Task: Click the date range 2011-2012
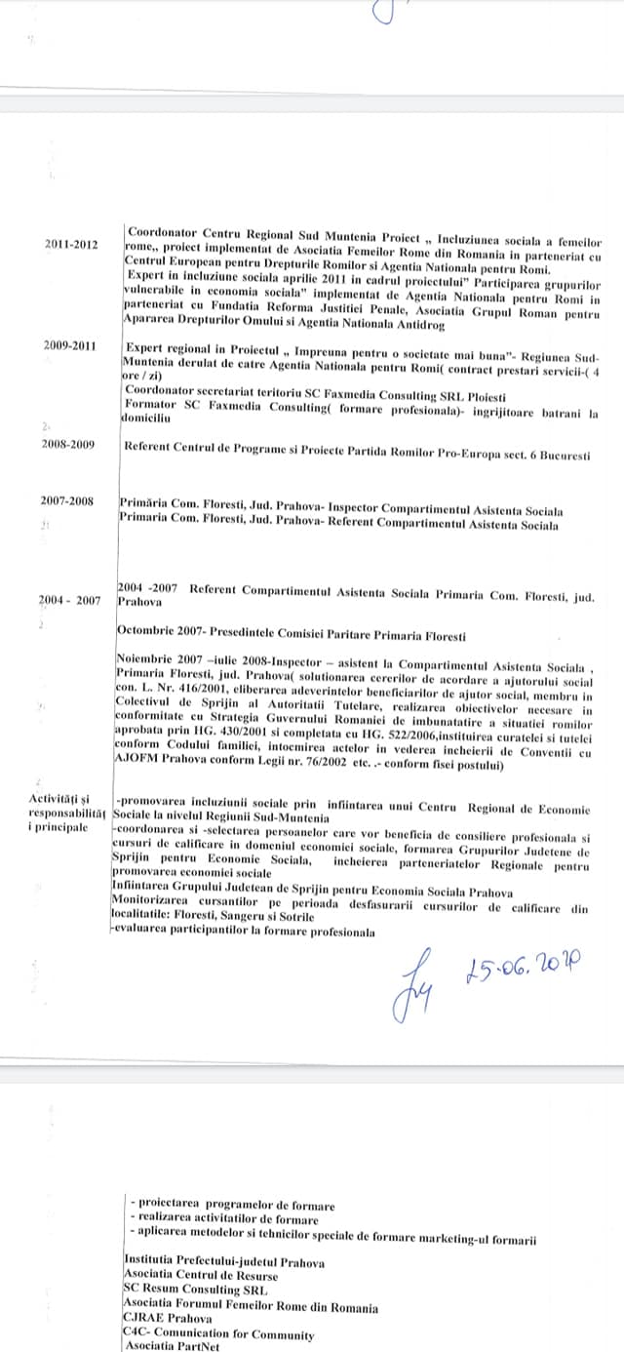(71, 245)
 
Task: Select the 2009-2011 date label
(71, 346)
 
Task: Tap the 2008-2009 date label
(67, 444)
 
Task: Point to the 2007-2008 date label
(67, 500)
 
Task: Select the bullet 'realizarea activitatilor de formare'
(224, 1219)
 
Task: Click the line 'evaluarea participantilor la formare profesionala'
(244, 933)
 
